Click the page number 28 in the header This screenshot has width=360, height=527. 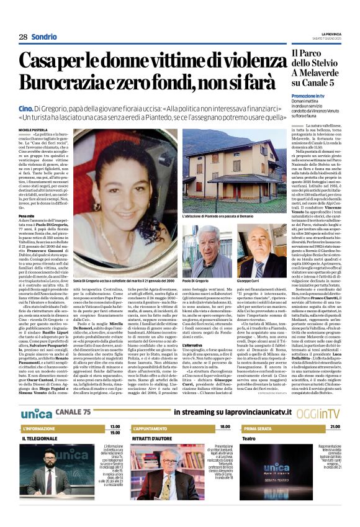[23, 37]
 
